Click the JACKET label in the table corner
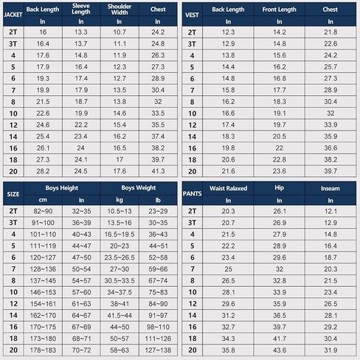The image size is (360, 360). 13,15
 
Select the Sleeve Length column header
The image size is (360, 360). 81,9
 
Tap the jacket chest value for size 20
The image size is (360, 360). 158,171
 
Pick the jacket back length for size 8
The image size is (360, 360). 43,102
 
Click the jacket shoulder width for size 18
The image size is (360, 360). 120,159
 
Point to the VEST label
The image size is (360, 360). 192,15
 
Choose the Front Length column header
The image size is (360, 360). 280,10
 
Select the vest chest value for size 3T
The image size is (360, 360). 330,44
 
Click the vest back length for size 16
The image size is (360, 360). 228,148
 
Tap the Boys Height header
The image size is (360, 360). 62,188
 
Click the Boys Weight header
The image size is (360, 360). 139,188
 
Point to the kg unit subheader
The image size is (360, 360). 120,200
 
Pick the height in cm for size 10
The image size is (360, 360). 43,292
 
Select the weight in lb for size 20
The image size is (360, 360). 158,350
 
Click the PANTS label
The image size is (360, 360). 193,194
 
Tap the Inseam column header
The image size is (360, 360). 330,188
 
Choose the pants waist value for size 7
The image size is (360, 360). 228,269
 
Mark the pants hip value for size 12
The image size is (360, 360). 280,304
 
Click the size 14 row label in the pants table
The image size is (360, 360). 193,315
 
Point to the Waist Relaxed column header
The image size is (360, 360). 228,188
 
